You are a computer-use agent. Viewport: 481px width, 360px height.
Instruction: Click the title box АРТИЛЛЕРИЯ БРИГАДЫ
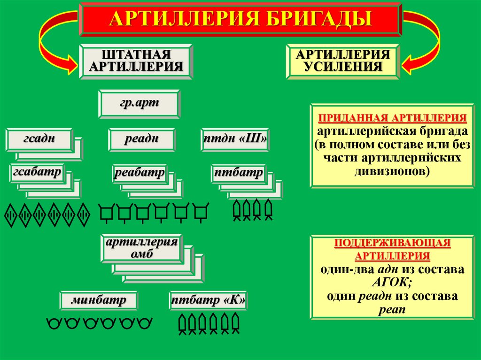(x=240, y=19)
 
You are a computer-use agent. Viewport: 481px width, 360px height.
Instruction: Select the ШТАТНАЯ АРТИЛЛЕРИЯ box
(x=136, y=60)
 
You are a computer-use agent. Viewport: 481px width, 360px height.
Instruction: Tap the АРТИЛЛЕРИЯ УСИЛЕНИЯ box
(x=342, y=60)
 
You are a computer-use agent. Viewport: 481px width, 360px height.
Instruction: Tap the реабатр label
(x=140, y=173)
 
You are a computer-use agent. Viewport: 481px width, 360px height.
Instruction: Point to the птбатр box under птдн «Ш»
(x=238, y=173)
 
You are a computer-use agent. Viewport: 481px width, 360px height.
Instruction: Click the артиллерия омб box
(x=141, y=248)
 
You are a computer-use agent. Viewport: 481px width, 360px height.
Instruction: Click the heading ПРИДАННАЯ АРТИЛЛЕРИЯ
(x=393, y=117)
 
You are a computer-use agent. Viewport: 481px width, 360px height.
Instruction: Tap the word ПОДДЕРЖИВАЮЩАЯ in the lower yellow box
(x=393, y=243)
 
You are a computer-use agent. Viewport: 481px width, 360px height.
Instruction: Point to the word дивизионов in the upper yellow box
(x=390, y=171)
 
